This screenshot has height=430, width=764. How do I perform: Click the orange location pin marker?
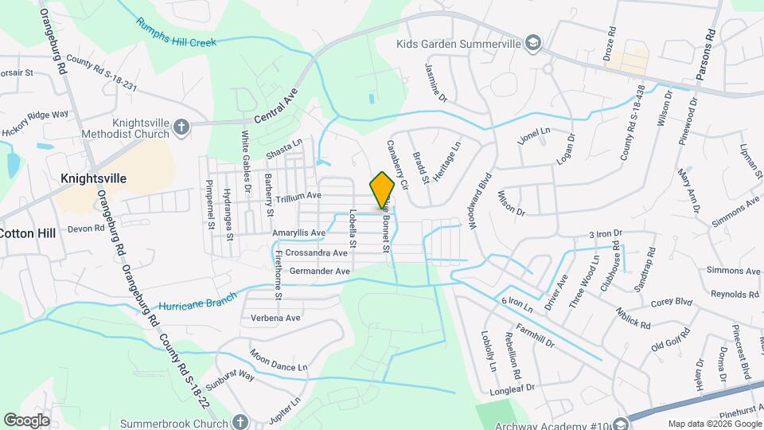pos(383,190)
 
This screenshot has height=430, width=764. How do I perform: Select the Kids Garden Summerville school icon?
pos(534,43)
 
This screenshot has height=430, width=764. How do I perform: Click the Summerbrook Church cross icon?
pos(240,423)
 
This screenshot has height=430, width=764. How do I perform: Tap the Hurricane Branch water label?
pos(197,302)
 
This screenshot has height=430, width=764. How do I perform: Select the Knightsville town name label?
pos(94,178)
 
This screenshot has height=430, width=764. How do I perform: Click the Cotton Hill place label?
pos(26,233)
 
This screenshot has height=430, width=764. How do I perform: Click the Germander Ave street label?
pos(320,272)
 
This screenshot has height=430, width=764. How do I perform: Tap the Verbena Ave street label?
pos(275,318)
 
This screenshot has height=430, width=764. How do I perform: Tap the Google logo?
pos(26,420)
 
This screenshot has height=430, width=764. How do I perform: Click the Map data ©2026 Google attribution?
pos(714,424)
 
